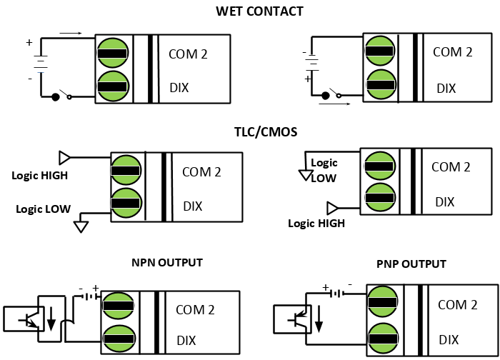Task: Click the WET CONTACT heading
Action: coord(259,11)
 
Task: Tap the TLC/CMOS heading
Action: coord(266,132)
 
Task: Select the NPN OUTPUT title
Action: coord(167,262)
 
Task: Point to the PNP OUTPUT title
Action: coord(411,264)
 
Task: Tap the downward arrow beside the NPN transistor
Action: coord(51,319)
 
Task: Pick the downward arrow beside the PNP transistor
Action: coord(319,319)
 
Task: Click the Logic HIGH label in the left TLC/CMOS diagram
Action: coord(40,176)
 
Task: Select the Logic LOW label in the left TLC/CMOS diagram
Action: coord(44,209)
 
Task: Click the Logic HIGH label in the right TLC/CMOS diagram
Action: coord(316,223)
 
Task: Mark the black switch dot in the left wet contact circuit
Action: coord(56,97)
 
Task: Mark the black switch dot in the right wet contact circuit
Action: coord(325,96)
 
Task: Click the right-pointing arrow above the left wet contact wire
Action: coord(71,33)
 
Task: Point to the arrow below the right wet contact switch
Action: coord(335,104)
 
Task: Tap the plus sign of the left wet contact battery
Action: coord(29,42)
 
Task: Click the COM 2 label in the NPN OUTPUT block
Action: coord(195,310)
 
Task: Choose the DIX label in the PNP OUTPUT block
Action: coord(449,340)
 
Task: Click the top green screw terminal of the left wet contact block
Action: coord(112,53)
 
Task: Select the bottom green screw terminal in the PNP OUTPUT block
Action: coord(383,339)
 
